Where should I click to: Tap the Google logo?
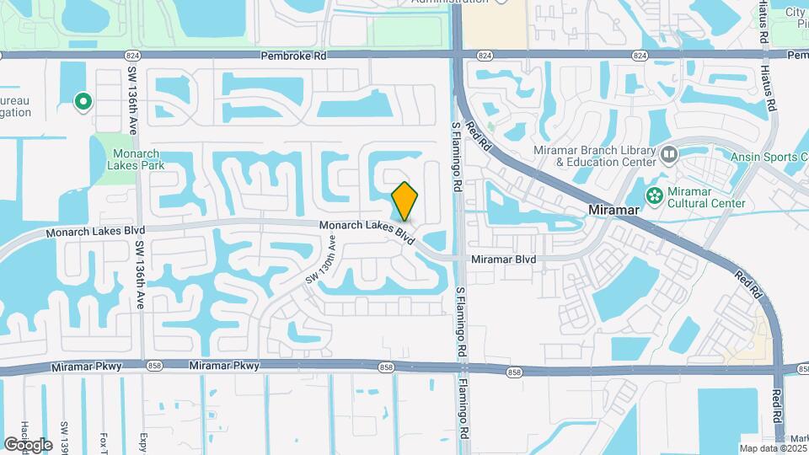click(x=28, y=444)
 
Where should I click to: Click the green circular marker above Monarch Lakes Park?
click(x=83, y=102)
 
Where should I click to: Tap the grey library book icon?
click(x=669, y=154)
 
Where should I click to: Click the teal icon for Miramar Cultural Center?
click(x=653, y=195)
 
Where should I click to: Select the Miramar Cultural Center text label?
click(x=706, y=197)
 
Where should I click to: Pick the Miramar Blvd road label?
click(x=503, y=260)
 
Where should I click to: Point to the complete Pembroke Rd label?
click(x=294, y=55)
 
